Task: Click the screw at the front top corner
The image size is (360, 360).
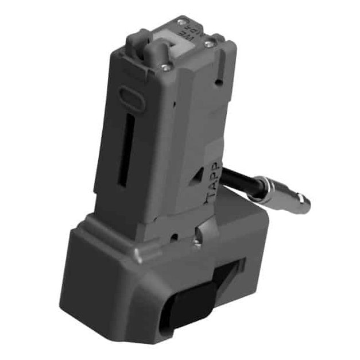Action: pos(165,68)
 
